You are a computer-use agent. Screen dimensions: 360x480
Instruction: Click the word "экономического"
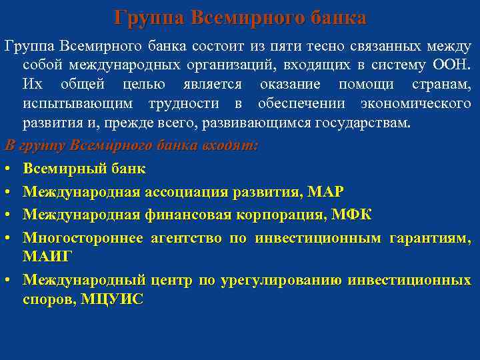pos(415,105)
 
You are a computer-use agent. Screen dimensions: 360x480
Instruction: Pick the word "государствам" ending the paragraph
pos(369,124)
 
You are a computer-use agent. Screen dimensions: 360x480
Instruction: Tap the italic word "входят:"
pos(231,145)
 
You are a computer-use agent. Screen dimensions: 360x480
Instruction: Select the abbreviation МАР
pos(327,192)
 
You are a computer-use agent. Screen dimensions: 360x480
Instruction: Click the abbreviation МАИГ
pos(48,256)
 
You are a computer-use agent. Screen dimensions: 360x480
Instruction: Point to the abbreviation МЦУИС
pos(111,299)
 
